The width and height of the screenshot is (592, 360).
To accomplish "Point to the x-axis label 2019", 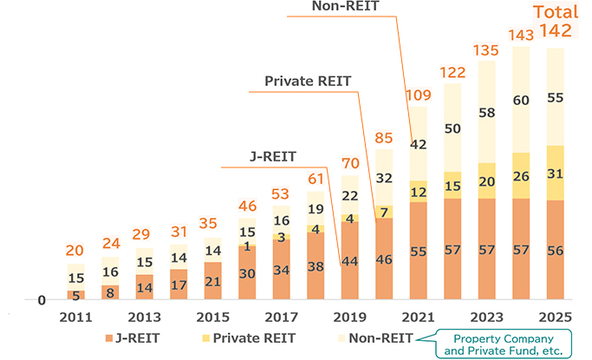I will (x=349, y=317).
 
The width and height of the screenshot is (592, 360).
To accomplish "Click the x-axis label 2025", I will (x=555, y=317).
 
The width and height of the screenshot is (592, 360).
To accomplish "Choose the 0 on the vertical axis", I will (x=41, y=300).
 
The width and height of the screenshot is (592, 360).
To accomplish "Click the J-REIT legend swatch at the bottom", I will (x=109, y=338).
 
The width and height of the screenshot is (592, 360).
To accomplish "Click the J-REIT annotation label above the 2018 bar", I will (x=272, y=156).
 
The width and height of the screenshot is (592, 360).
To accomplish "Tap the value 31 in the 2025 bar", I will (x=555, y=173).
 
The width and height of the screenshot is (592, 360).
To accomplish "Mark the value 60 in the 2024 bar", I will (x=520, y=100).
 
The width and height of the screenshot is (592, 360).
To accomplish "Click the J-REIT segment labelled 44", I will (x=349, y=262).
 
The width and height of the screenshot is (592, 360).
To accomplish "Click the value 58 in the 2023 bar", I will (x=486, y=113).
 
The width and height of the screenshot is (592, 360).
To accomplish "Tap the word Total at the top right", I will (x=555, y=12).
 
